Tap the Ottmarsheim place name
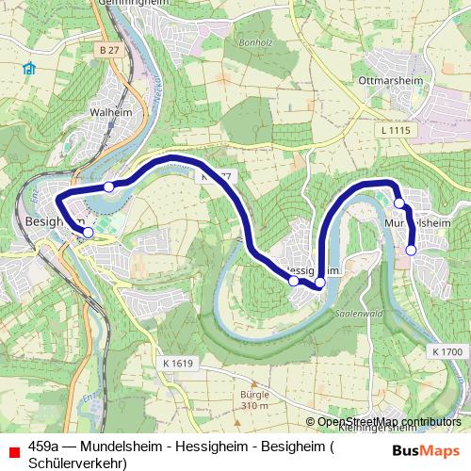coord(387,81)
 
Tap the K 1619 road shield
coord(177,363)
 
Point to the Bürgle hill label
coord(255,395)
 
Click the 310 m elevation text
coord(255,406)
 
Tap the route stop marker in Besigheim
coord(89,232)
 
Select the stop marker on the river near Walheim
coord(109,187)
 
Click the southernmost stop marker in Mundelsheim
coord(411,250)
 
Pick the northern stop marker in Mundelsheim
coord(399,203)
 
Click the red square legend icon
coord(14,450)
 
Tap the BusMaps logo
coord(426,450)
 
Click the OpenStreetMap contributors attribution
coord(389,422)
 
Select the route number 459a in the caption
coord(44,447)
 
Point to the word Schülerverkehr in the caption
coord(77,463)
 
